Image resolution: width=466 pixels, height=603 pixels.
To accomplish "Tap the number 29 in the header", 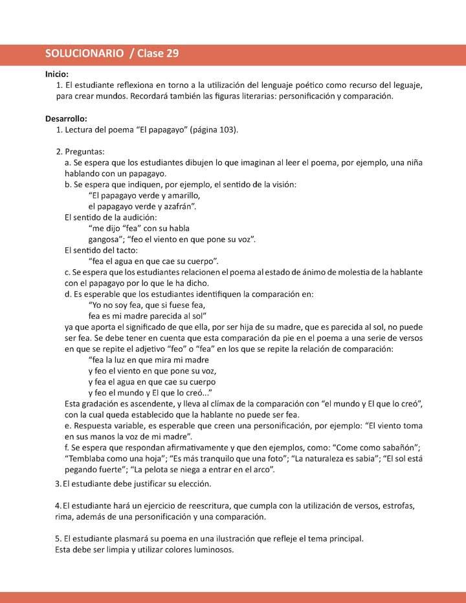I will (x=172, y=54).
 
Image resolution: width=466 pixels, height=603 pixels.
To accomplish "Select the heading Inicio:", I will (x=57, y=74).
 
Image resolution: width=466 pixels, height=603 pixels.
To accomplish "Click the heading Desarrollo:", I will (x=66, y=119).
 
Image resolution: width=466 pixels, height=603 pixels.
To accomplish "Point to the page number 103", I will (x=227, y=130).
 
